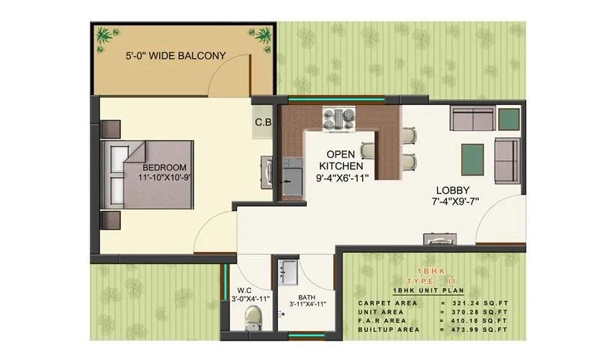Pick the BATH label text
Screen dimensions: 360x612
point(307,295)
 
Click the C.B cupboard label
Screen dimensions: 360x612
point(263,122)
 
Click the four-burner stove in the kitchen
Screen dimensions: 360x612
point(338,117)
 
